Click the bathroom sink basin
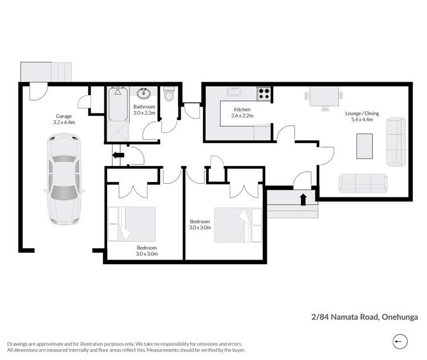[144, 94]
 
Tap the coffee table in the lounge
[364, 146]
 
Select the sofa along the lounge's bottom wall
[363, 183]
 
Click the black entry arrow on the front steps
[303, 199]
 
